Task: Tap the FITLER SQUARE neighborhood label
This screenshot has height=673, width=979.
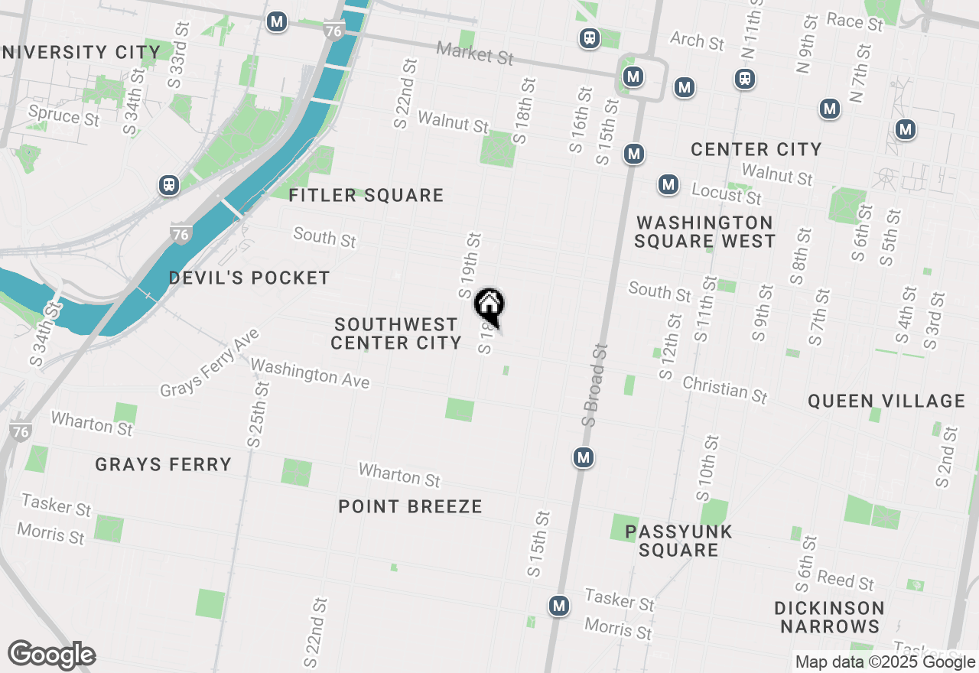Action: pyautogui.click(x=366, y=196)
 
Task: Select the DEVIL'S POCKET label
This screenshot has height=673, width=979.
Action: pyautogui.click(x=249, y=278)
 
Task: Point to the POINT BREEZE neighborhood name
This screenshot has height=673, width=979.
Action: pyautogui.click(x=410, y=506)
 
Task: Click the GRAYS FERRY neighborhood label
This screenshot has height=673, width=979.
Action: pyautogui.click(x=163, y=464)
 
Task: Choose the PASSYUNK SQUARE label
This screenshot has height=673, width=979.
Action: pyautogui.click(x=678, y=541)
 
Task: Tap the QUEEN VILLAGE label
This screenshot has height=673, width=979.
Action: pyautogui.click(x=886, y=401)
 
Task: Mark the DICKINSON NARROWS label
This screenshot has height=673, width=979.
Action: pyautogui.click(x=829, y=617)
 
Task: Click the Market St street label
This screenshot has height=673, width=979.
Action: pyautogui.click(x=475, y=54)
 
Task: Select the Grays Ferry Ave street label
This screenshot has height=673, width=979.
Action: pyautogui.click(x=210, y=363)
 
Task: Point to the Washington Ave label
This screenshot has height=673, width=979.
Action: pyautogui.click(x=310, y=373)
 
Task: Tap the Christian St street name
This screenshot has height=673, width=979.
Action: pyautogui.click(x=724, y=389)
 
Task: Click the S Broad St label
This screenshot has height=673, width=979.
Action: pyautogui.click(x=594, y=384)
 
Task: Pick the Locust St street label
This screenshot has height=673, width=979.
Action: pyautogui.click(x=727, y=193)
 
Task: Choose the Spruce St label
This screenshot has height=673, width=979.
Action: pyautogui.click(x=63, y=115)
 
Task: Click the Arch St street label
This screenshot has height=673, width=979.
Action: pyautogui.click(x=697, y=41)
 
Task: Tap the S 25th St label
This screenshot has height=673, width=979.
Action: pyautogui.click(x=258, y=414)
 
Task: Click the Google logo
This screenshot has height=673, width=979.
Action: pyautogui.click(x=51, y=655)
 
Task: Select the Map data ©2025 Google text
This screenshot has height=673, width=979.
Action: pyautogui.click(x=885, y=662)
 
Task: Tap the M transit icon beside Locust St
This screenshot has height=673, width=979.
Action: pyautogui.click(x=668, y=184)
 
